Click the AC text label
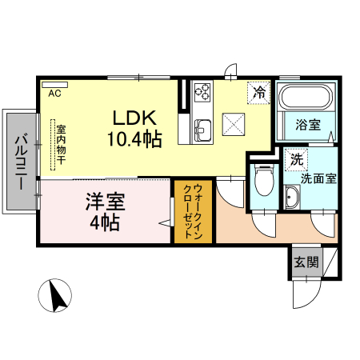[x=55, y=94]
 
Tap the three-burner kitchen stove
[x=200, y=93]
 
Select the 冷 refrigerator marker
[x=259, y=93]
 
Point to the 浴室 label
[x=308, y=126]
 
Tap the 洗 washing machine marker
[x=296, y=158]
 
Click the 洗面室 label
[x=318, y=179]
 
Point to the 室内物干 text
[x=61, y=144]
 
